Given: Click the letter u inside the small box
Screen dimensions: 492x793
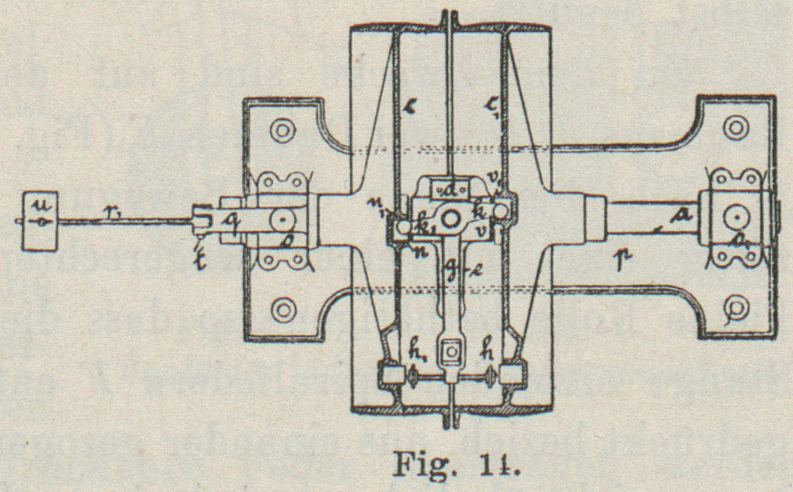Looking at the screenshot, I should (38, 203).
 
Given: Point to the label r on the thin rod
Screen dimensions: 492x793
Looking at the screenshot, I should (112, 212).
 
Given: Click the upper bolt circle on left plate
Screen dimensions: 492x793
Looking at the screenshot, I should (282, 131).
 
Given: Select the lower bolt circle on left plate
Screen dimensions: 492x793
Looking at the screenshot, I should (283, 309).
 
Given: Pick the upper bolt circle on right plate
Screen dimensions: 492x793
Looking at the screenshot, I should (736, 128).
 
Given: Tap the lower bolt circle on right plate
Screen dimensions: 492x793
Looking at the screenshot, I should (736, 306).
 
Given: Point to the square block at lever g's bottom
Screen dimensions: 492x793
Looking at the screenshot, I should (451, 351).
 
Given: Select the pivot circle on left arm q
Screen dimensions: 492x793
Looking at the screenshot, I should (282, 219).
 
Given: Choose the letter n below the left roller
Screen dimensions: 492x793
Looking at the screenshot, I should (402, 252).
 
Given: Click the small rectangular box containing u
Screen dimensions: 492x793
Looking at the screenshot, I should (39, 221).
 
